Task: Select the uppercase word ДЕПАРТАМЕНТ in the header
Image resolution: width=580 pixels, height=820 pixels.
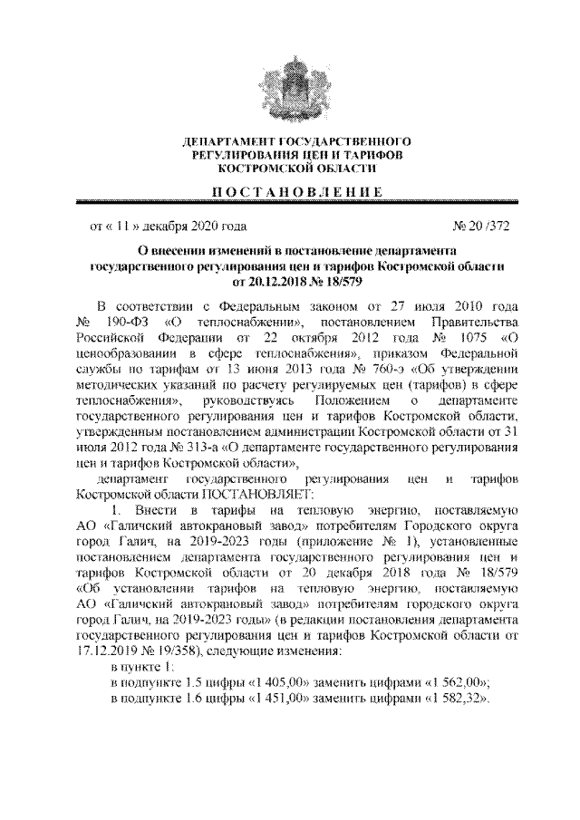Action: point(225,143)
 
